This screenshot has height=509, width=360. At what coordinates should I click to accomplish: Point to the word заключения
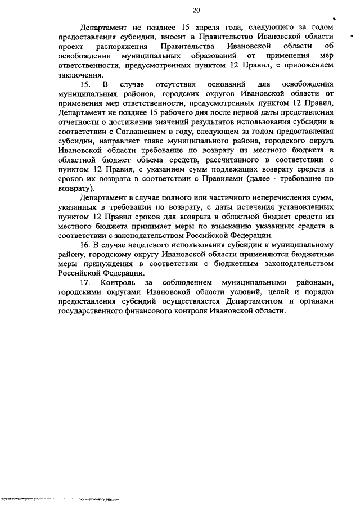pos(81,75)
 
